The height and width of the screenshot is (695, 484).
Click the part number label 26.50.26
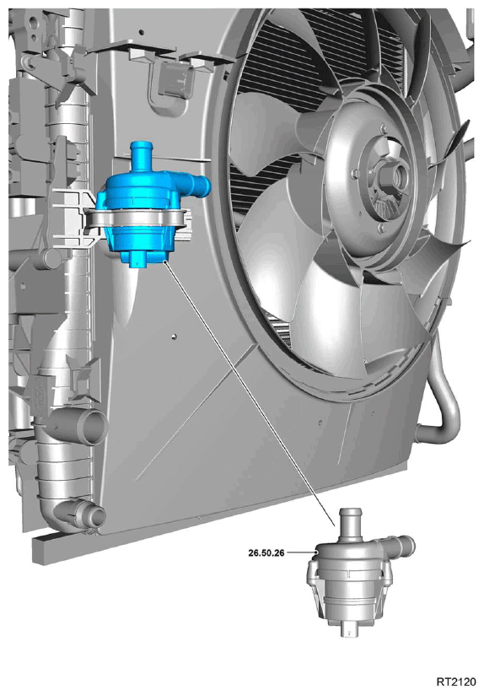pos(266,552)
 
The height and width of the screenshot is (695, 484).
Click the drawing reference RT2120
pos(456,682)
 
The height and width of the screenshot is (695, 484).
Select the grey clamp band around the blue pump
pos(137,219)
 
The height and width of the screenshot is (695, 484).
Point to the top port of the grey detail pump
pos(351,522)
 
